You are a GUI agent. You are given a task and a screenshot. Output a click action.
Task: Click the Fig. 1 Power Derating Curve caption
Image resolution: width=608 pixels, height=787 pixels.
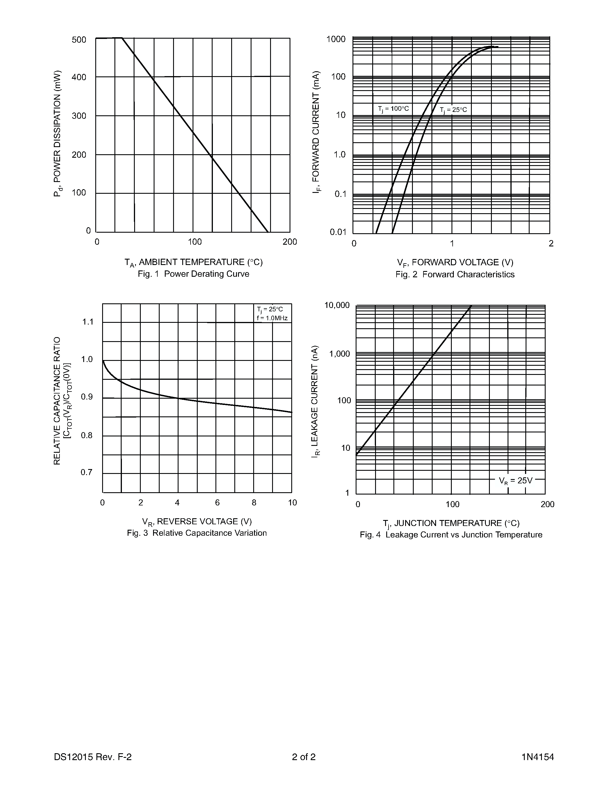[193, 274]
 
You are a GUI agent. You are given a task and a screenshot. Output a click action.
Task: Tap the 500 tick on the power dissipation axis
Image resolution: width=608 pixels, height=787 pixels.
[79, 40]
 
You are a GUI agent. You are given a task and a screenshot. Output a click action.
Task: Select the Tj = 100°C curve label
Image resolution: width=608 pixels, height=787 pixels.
[393, 108]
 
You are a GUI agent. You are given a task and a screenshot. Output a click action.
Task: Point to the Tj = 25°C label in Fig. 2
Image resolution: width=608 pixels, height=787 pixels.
[453, 110]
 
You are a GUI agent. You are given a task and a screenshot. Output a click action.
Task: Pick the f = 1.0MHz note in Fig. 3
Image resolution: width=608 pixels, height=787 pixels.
[272, 318]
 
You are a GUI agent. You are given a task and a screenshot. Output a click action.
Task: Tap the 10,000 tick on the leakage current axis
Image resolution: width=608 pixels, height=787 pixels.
[337, 305]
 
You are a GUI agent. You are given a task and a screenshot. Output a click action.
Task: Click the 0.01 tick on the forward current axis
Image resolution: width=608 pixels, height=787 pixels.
[338, 232]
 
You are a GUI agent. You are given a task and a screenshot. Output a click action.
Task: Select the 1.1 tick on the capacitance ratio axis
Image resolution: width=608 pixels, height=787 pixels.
[88, 322]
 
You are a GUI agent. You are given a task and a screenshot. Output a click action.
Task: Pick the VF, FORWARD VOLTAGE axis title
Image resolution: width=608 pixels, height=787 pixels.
[455, 263]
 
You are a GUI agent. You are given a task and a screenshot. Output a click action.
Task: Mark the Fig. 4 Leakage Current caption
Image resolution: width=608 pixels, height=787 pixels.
[451, 535]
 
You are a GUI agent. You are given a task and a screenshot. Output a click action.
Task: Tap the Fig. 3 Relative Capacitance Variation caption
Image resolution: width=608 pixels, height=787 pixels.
[197, 533]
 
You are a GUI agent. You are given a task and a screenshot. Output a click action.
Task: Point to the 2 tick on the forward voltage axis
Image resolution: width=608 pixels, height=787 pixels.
[551, 244]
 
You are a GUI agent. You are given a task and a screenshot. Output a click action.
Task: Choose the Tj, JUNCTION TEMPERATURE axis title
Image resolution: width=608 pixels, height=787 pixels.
[451, 523]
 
